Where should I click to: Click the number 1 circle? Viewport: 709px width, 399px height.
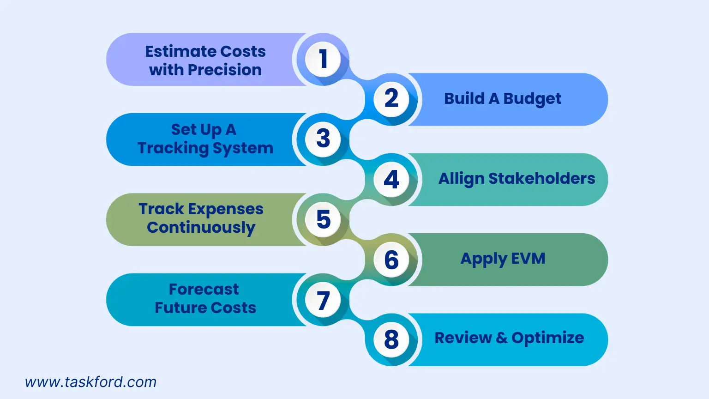click(323, 59)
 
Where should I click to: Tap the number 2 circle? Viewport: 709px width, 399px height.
click(391, 99)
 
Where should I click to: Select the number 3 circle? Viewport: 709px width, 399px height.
click(323, 139)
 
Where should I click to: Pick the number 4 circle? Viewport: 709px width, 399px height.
click(391, 179)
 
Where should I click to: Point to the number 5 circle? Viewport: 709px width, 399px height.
click(323, 219)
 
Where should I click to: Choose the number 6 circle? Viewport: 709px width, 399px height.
click(391, 260)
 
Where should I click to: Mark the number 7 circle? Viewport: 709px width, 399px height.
click(323, 299)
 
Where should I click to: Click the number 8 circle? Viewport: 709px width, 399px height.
click(391, 339)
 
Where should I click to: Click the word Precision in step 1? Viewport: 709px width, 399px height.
click(225, 70)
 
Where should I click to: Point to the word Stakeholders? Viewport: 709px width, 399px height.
click(542, 179)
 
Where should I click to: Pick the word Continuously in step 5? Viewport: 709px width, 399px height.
click(201, 228)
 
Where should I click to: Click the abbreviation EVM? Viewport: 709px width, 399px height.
click(528, 259)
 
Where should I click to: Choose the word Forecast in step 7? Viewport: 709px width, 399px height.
click(204, 289)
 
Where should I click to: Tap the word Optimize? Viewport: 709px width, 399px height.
click(548, 338)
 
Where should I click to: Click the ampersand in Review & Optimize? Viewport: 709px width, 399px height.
click(502, 338)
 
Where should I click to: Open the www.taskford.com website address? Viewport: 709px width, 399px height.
click(90, 382)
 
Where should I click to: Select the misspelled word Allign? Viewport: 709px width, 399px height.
click(461, 179)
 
